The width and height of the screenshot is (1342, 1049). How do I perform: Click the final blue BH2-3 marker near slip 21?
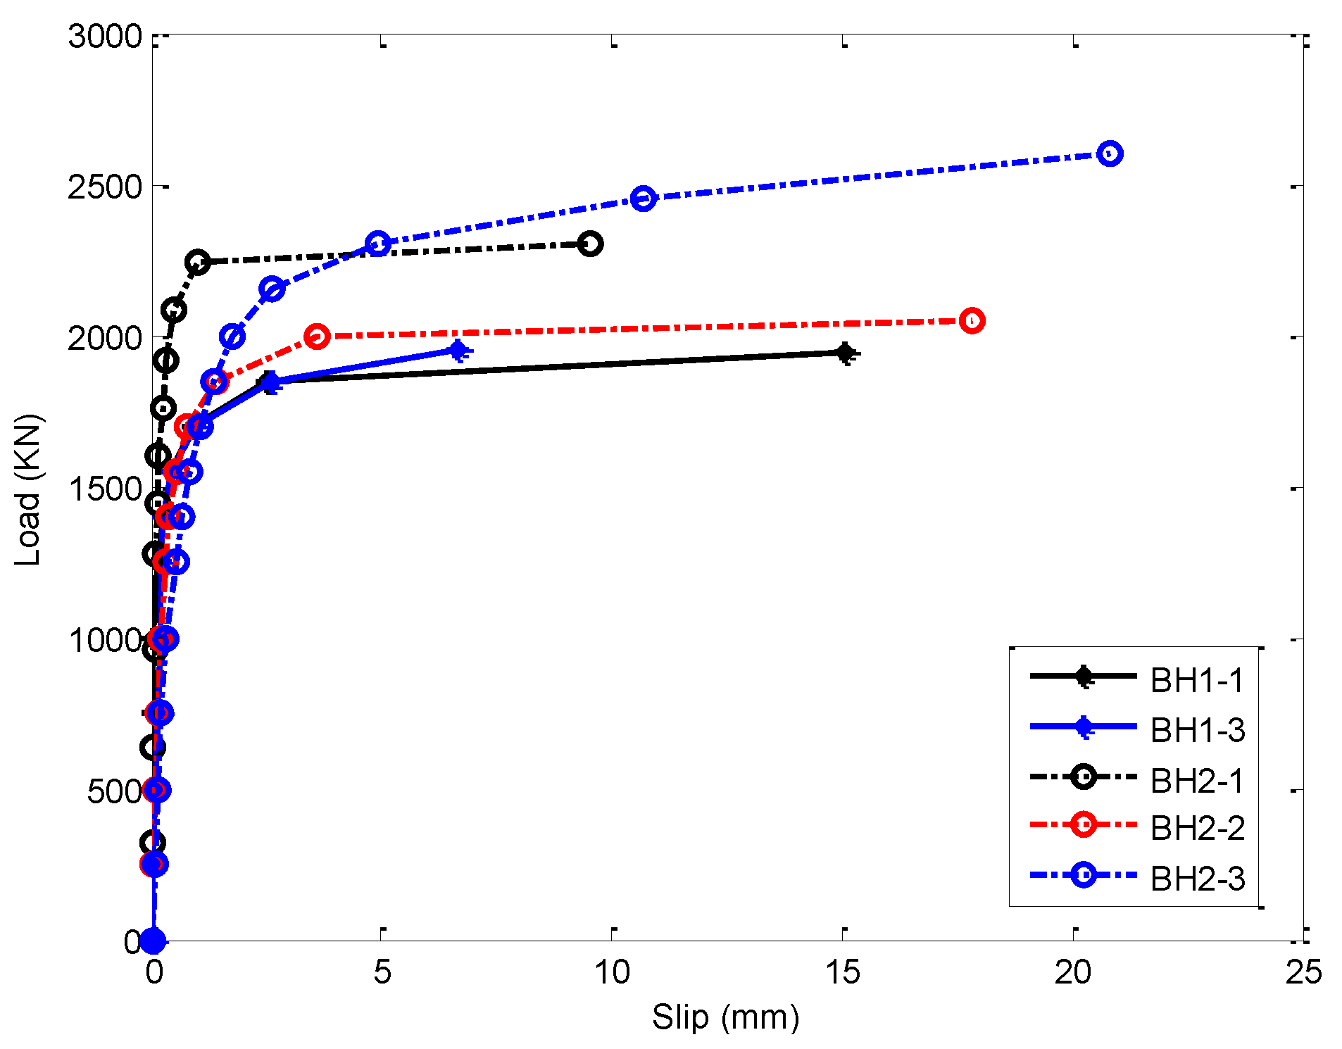(1110, 153)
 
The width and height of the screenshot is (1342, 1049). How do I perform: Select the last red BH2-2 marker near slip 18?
(972, 321)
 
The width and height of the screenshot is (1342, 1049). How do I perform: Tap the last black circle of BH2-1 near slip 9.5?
(590, 244)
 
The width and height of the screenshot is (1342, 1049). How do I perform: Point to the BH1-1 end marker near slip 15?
(846, 353)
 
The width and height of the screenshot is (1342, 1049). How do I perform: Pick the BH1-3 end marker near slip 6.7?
(458, 350)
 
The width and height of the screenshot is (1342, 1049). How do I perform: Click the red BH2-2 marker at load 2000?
(318, 337)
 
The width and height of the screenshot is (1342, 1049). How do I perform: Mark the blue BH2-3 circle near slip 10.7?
(643, 199)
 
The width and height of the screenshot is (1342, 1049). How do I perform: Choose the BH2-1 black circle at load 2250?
(198, 262)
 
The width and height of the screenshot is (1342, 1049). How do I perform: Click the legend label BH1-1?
(1197, 681)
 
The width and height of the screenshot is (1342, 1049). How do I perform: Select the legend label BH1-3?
(1197, 731)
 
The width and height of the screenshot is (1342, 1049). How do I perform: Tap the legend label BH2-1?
(1197, 781)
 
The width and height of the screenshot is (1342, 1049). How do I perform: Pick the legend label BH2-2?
(1197, 829)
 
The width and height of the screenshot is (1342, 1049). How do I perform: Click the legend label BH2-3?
(1197, 879)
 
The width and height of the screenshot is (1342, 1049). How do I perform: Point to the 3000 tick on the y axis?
(106, 37)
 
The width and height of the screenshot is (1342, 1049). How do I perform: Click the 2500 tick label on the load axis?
(106, 187)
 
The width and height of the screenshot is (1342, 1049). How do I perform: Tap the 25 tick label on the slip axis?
(1303, 973)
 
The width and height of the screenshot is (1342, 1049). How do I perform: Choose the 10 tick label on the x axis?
(612, 973)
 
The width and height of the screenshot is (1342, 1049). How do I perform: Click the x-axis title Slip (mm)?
(725, 1017)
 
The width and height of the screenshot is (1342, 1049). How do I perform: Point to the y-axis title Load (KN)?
(28, 490)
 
